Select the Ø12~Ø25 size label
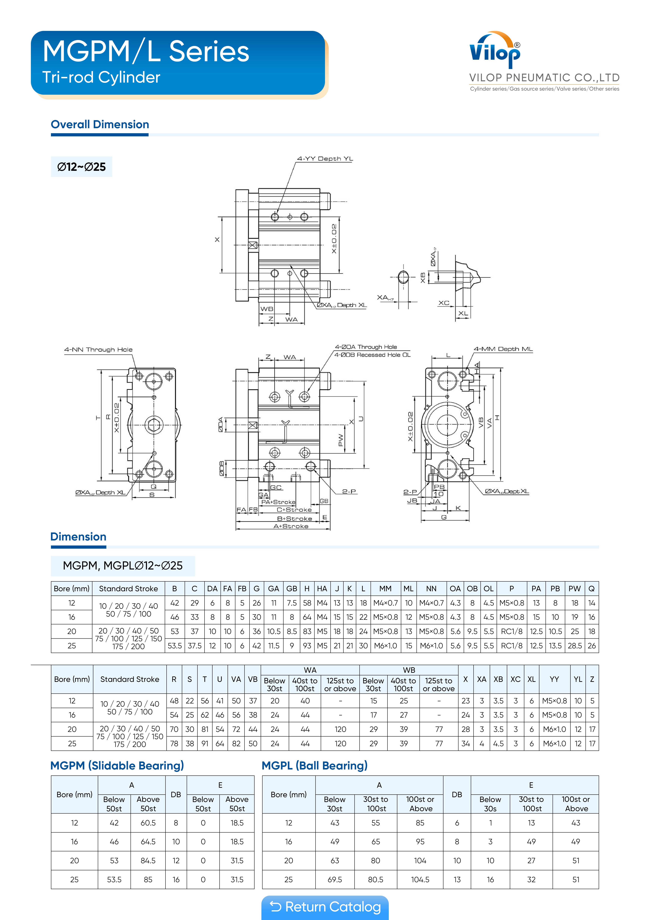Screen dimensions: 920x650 coord(81,167)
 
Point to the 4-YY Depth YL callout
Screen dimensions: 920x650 coord(325,159)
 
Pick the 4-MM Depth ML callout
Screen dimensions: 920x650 coord(503,349)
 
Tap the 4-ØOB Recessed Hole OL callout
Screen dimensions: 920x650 coord(372,355)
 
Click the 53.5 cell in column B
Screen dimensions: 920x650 coord(175,646)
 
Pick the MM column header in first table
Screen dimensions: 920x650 coord(385,589)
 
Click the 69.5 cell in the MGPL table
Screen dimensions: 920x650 coord(335,879)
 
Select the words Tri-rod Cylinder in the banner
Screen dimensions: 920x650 coord(101,77)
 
